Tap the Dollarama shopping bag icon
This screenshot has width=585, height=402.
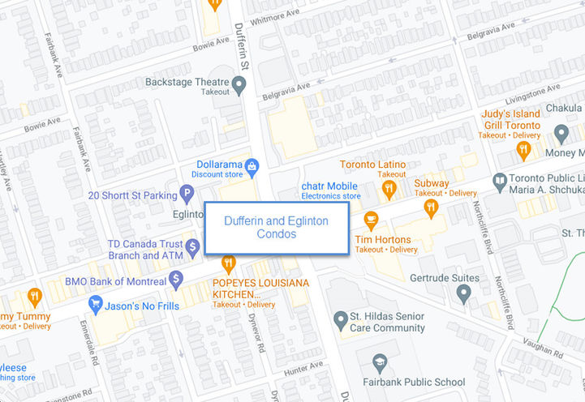click(x=252, y=166)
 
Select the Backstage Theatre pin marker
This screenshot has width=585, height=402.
click(x=239, y=83)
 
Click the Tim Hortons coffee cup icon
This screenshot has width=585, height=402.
click(x=372, y=220)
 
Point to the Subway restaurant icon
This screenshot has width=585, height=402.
click(x=431, y=207)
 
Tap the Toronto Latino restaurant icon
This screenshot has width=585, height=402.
click(x=390, y=189)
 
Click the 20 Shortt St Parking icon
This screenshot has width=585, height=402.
click(x=187, y=194)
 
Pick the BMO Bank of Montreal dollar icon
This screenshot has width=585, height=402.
click(x=176, y=280)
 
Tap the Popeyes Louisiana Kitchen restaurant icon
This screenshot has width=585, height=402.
click(x=228, y=263)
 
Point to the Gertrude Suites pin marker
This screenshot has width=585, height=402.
click(x=463, y=293)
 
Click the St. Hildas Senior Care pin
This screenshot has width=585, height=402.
click(x=342, y=316)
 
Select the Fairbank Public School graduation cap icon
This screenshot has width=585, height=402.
click(x=380, y=361)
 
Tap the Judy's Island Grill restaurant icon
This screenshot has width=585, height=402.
click(x=523, y=150)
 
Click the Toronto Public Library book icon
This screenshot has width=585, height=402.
click(x=499, y=180)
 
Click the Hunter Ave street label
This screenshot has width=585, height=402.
click(x=304, y=370)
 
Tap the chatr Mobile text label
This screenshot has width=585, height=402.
click(x=330, y=186)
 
